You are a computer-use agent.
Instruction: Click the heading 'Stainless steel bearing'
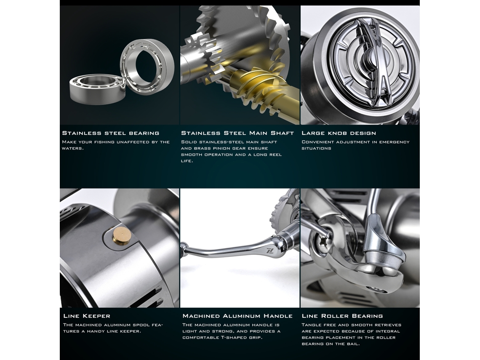110,133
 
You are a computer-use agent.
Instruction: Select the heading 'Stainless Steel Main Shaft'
237,133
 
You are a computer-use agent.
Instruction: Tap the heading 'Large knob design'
339,133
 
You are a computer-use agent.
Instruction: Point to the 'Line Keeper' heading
87,316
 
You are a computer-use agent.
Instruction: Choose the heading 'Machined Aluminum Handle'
237,316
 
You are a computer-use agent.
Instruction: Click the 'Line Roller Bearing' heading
342,316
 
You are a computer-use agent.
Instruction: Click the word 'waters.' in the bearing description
73,149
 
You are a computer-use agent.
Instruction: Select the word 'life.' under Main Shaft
187,161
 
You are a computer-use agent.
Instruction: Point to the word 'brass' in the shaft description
203,149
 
